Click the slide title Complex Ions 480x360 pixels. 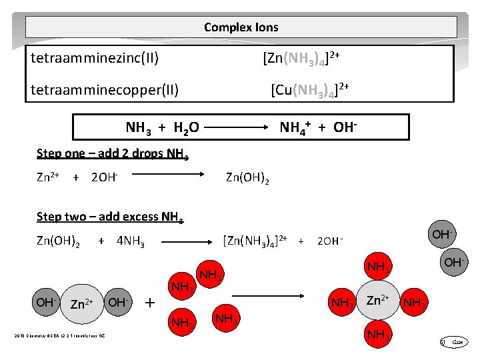tap(241, 27)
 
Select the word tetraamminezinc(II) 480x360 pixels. tap(95, 58)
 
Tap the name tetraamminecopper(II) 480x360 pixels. tap(105, 89)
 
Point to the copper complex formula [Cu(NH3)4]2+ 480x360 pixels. tap(311, 89)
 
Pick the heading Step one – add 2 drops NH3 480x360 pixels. tap(113, 153)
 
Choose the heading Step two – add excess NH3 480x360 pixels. tap(110, 217)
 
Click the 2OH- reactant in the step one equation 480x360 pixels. tap(105, 177)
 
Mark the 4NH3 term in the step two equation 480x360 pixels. tap(132, 240)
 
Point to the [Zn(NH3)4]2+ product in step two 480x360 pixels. tap(255, 239)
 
